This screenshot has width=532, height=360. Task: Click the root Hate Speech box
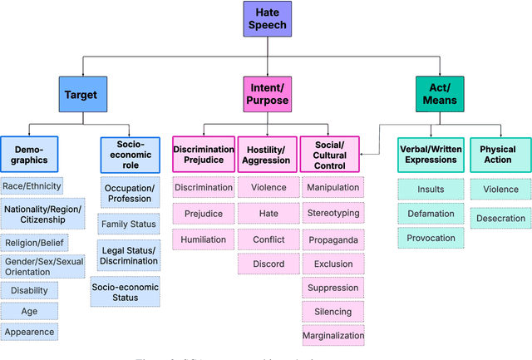266,18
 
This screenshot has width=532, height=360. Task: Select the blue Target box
81,94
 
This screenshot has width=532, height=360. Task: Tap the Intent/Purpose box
268,94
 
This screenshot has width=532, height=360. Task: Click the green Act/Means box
441,94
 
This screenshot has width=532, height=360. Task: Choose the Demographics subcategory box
29,155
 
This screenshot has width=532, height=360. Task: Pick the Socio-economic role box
128,155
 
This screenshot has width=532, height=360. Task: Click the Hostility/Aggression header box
268,155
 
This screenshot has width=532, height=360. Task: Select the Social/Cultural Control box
330,155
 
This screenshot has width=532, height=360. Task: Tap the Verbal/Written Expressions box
431,155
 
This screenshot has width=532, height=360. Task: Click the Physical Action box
499,155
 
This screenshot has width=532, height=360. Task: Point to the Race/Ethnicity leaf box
32,186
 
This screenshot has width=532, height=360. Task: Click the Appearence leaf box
29,332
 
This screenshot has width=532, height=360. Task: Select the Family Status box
128,224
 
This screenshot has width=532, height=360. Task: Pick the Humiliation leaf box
203,239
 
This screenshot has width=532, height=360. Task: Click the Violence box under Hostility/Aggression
268,188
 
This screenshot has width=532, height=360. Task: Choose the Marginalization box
332,335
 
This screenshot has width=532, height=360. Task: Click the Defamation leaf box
430,213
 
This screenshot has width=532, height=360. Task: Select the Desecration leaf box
500,219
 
